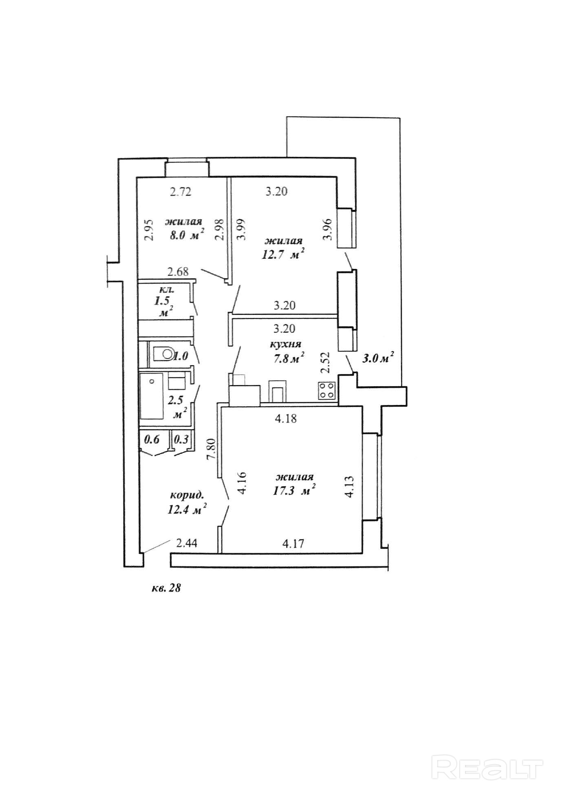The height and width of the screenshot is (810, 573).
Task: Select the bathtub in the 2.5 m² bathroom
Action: point(152,396)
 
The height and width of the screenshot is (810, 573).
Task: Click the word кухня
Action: point(285,344)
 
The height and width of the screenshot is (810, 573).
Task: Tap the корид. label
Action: point(187,496)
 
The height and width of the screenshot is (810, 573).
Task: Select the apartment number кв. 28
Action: point(166,588)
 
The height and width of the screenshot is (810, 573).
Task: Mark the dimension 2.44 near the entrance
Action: point(187,543)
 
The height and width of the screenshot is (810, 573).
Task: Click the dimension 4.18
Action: point(286,418)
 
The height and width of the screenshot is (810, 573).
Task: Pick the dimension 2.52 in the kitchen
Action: point(325,363)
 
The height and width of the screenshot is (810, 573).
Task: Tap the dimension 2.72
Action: point(181,191)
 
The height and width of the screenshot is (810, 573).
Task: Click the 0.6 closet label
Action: point(152,439)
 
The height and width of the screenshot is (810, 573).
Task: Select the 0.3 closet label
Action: point(181,439)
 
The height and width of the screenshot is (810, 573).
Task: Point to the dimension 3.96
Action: point(328,230)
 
